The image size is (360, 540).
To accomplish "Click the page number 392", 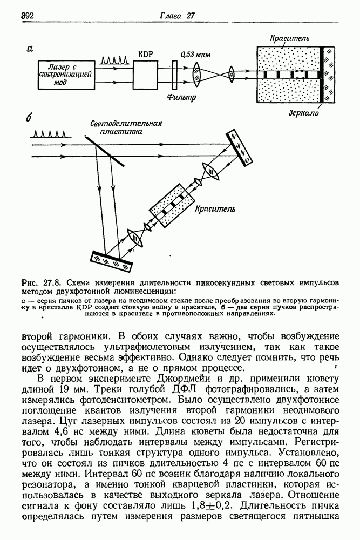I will pos(28,16).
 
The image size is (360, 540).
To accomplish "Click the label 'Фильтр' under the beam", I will pos(181,98).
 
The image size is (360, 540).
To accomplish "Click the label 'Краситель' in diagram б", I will pos(214,208).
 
